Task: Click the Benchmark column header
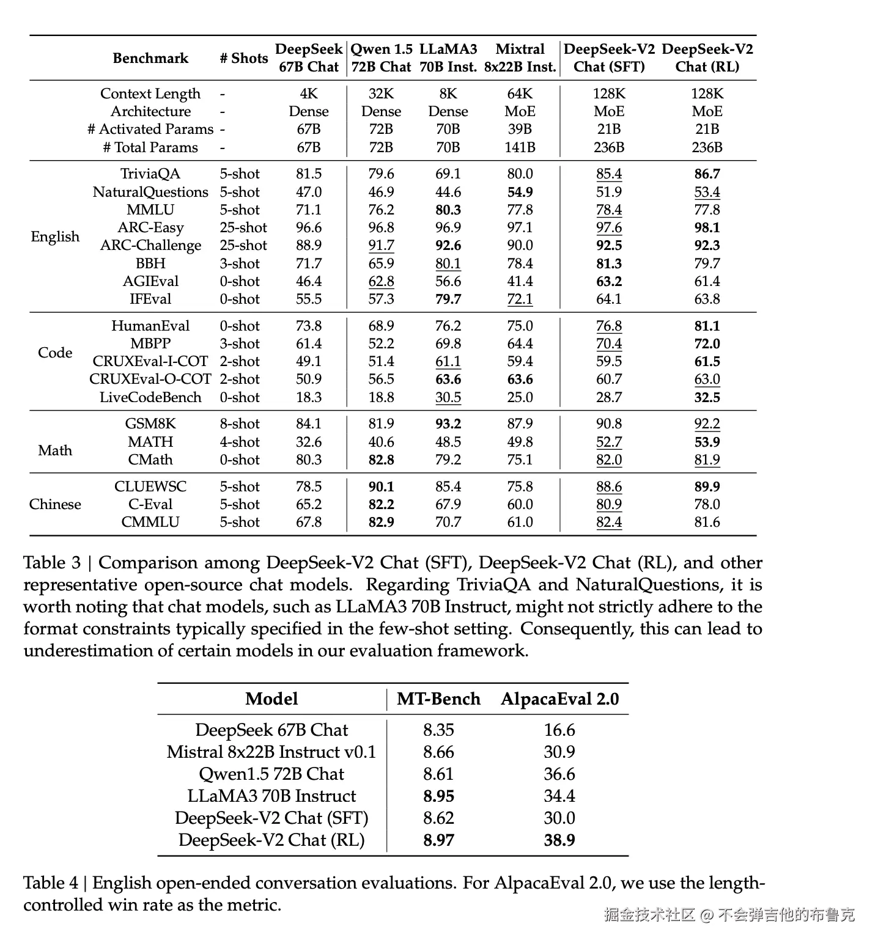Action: point(150,58)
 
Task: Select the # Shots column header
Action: point(243,58)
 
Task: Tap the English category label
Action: point(55,237)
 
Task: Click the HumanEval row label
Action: point(150,326)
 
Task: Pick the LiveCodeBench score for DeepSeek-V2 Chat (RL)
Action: point(707,397)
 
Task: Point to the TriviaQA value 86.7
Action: point(707,174)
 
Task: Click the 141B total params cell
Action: point(520,147)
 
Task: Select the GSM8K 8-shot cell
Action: point(240,424)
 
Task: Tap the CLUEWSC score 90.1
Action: point(381,486)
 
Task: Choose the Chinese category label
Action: point(55,504)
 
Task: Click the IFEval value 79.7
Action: point(448,299)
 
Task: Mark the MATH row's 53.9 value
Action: point(707,442)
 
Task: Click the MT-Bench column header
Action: point(438,699)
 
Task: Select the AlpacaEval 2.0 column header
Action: point(559,699)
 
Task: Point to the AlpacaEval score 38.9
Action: point(559,840)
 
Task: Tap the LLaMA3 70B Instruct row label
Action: point(271,796)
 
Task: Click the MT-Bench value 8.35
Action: point(438,730)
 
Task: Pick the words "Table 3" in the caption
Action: point(52,563)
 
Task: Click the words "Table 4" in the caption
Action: point(51,883)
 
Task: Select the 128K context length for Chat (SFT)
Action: point(609,94)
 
